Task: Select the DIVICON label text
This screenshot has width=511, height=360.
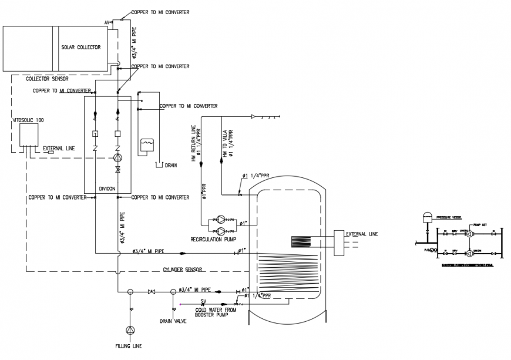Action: pyautogui.click(x=107, y=189)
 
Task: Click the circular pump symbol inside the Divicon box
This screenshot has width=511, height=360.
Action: pyautogui.click(x=118, y=157)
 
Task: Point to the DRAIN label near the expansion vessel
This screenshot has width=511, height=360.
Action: pyautogui.click(x=171, y=166)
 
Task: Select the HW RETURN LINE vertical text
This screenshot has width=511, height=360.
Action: pyautogui.click(x=193, y=143)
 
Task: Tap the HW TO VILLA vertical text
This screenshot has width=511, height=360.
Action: pyautogui.click(x=224, y=143)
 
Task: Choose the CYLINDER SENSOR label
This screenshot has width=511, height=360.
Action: pyautogui.click(x=183, y=270)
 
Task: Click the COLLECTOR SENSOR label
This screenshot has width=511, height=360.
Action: pyautogui.click(x=48, y=79)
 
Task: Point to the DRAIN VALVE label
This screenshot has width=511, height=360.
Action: pyautogui.click(x=173, y=321)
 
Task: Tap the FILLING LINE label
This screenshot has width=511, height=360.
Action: pyautogui.click(x=128, y=346)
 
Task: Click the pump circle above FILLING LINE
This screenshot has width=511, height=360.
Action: pyautogui.click(x=130, y=330)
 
